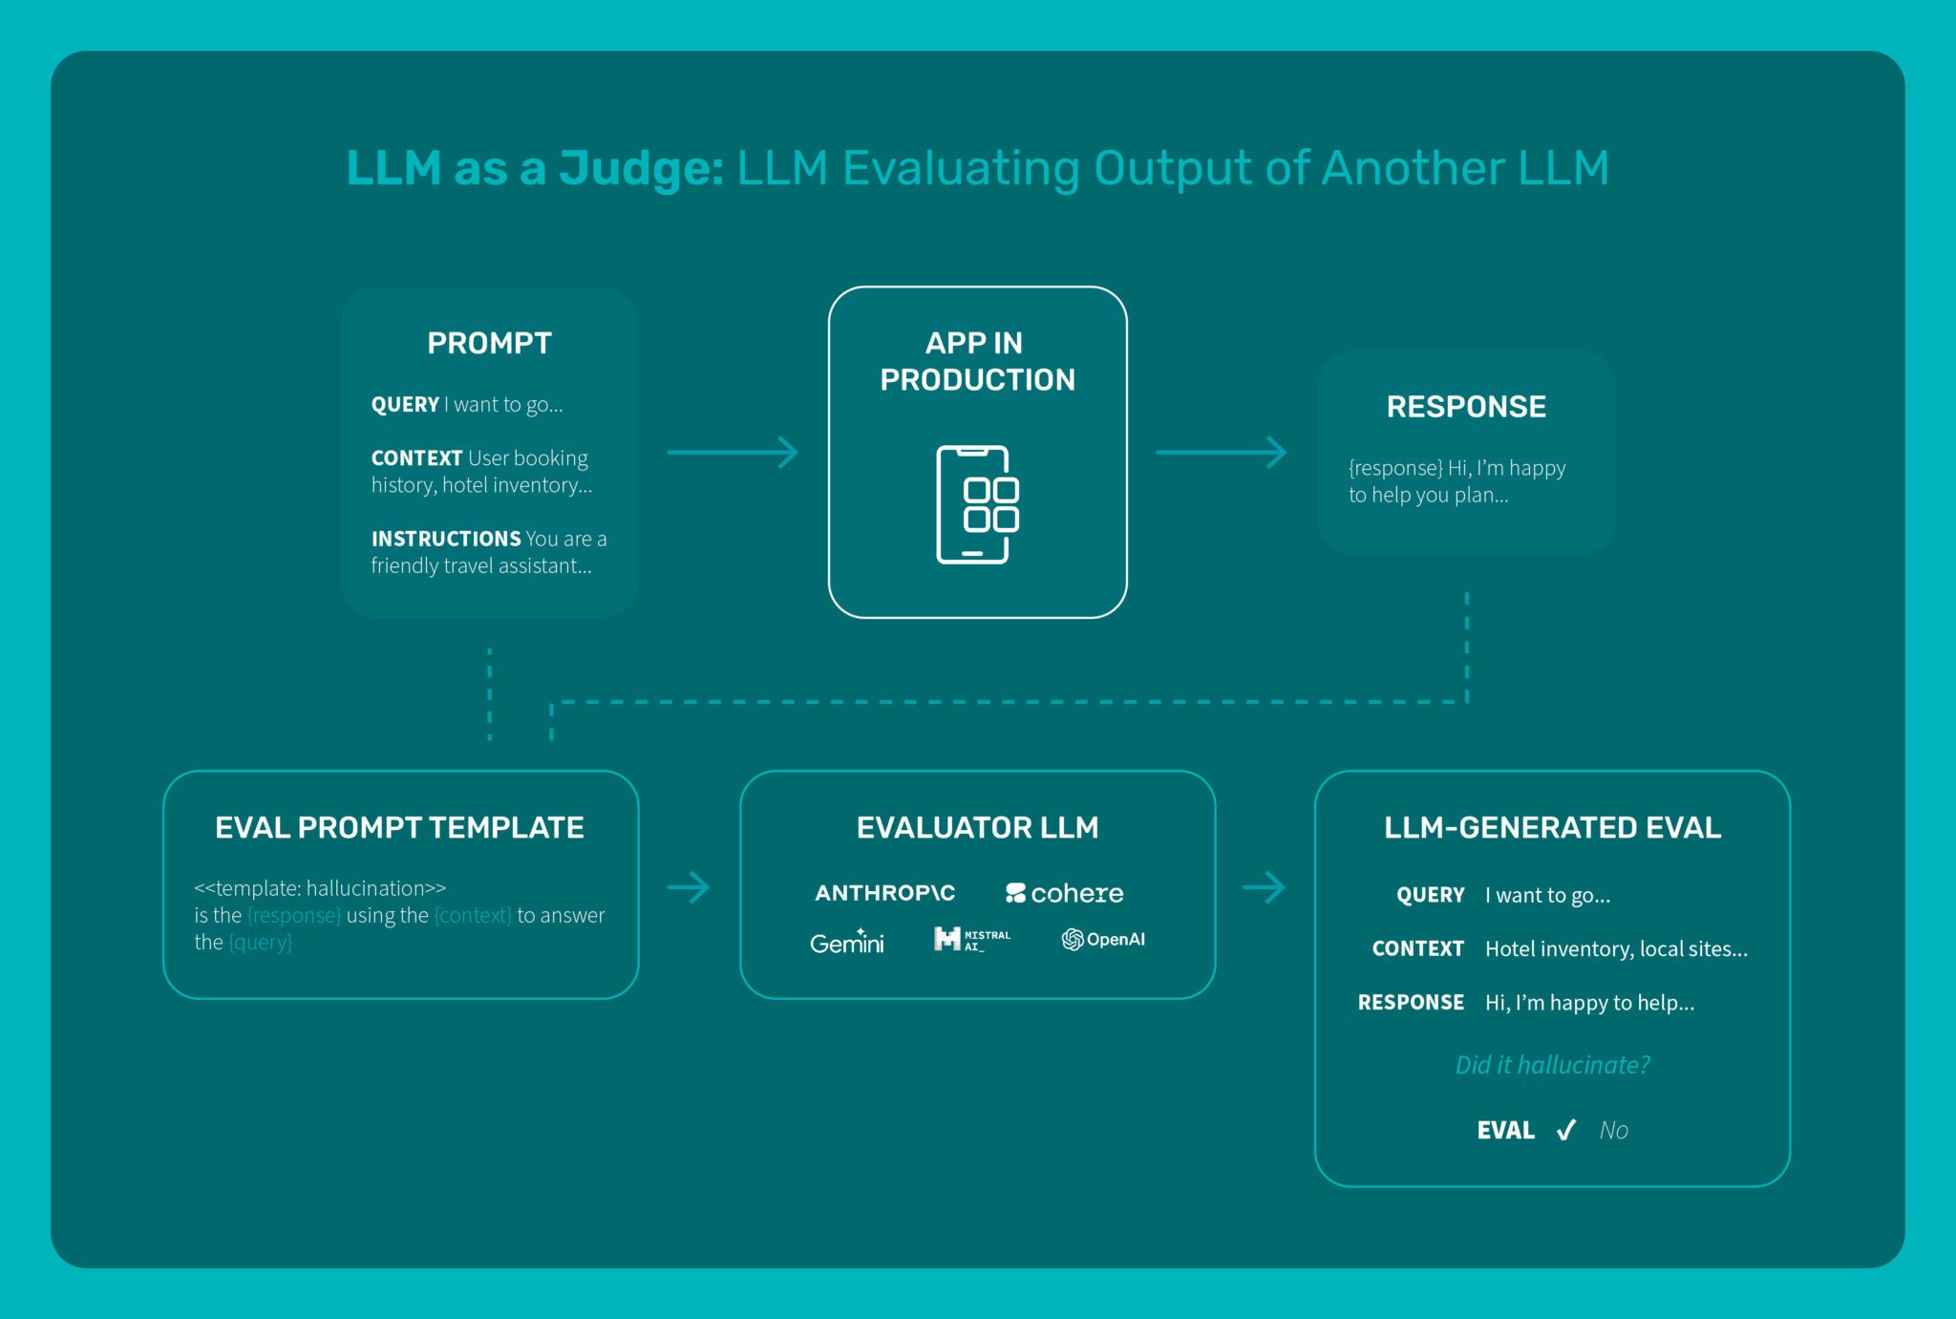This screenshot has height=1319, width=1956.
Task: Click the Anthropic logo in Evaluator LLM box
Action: (x=884, y=893)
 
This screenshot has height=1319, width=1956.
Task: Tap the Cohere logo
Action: (x=1064, y=893)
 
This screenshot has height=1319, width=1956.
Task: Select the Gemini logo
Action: (x=846, y=943)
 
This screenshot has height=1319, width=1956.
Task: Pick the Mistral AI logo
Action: (x=971, y=940)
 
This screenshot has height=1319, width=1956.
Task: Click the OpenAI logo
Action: (x=1103, y=940)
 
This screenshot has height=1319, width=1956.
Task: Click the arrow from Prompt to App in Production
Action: (x=733, y=453)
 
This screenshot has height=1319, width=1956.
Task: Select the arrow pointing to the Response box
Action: (x=1221, y=453)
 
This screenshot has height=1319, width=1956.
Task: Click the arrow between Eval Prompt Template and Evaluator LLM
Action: (x=689, y=887)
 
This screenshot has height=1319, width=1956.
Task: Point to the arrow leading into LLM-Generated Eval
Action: (x=1264, y=887)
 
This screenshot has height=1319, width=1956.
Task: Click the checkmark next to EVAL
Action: (x=1565, y=1131)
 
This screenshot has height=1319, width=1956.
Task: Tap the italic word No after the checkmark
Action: (x=1613, y=1131)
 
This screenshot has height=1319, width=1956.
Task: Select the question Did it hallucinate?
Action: (x=1552, y=1065)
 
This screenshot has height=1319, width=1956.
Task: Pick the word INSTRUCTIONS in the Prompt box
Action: (x=445, y=539)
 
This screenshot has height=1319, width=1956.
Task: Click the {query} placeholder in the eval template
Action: (x=260, y=943)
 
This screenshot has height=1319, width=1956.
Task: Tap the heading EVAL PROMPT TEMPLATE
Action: (x=399, y=827)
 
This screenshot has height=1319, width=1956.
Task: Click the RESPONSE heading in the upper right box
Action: (x=1466, y=407)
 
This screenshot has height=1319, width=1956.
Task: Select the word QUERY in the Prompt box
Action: (x=405, y=405)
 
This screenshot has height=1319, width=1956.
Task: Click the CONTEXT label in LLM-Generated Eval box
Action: (x=1417, y=949)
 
